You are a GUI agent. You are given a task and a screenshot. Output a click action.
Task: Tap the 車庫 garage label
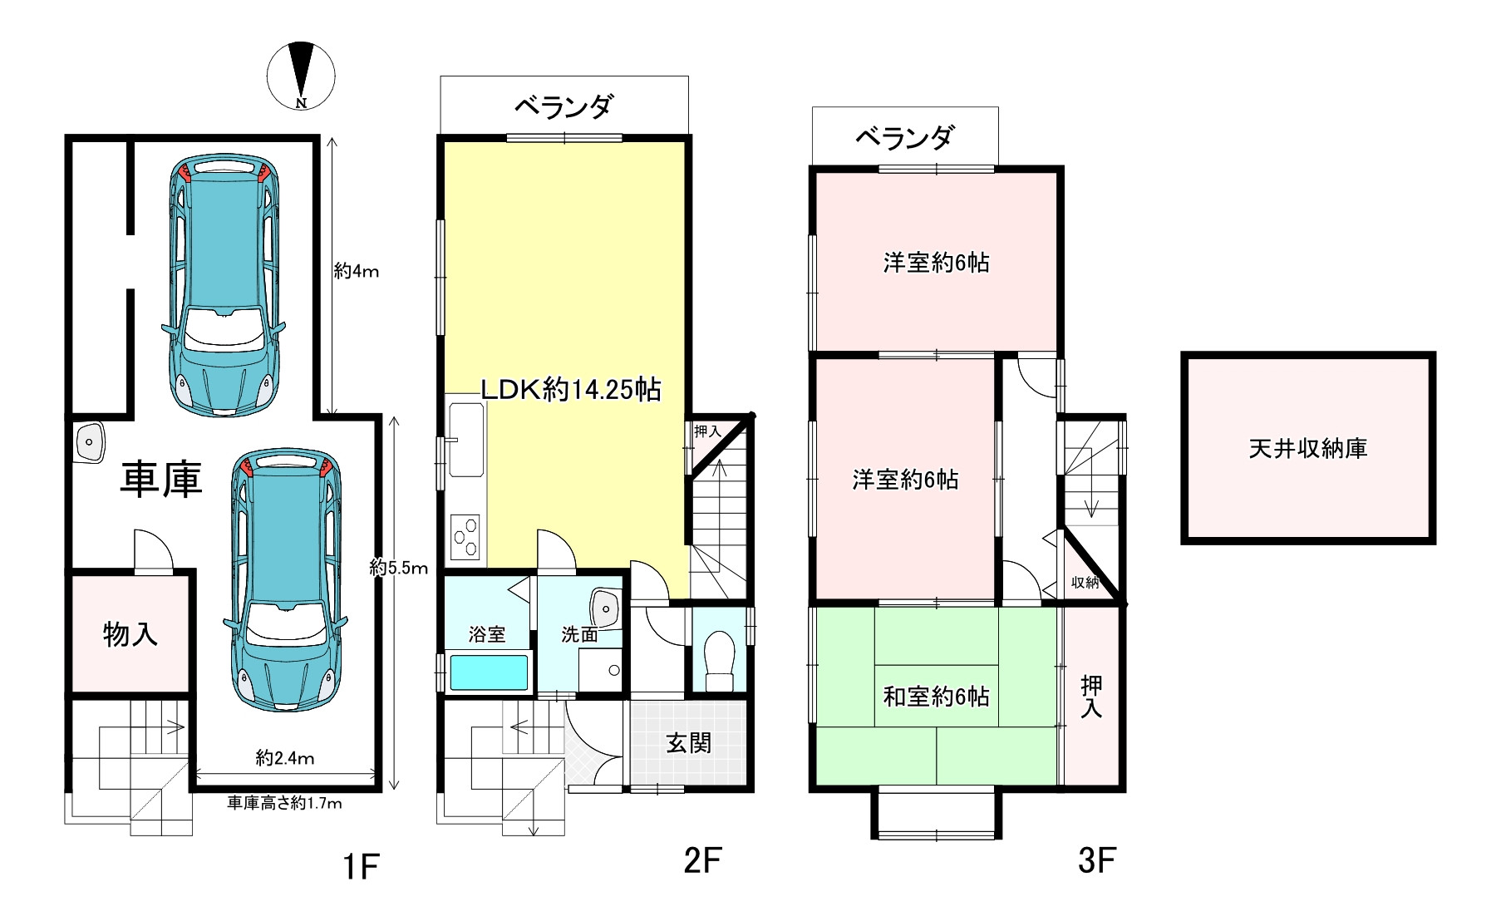160,480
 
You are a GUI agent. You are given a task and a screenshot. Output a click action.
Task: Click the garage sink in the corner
90,441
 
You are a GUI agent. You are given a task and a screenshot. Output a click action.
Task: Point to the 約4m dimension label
357,271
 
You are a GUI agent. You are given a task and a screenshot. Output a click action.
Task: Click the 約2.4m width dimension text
285,758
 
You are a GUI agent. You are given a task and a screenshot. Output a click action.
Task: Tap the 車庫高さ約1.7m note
285,803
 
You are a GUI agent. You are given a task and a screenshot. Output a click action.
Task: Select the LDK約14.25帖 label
572,389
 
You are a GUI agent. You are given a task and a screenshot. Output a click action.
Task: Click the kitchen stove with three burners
466,537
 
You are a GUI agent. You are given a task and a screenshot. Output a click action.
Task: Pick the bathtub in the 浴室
489,672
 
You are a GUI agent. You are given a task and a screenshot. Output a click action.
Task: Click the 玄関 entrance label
689,742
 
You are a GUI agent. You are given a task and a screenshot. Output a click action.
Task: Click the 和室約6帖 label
936,697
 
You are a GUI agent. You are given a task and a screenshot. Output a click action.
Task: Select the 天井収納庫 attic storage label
1308,449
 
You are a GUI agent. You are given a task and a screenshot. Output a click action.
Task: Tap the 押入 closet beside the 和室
1091,697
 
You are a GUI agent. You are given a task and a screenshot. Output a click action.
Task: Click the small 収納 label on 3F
1085,583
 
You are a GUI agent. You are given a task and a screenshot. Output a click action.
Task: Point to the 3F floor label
1095,861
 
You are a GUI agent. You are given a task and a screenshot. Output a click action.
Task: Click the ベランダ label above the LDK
564,106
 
